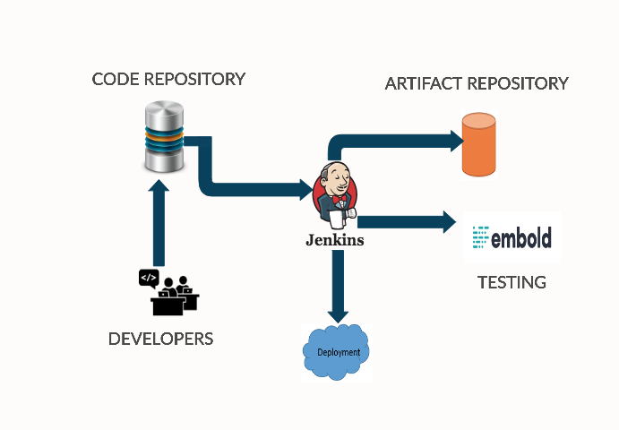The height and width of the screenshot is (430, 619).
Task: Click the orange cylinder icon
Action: click(477, 144)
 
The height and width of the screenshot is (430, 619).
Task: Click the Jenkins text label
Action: click(335, 241)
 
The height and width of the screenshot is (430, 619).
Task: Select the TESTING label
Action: click(512, 282)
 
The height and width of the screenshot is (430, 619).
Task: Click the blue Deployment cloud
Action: click(337, 351)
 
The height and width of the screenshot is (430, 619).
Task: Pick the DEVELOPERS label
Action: click(160, 339)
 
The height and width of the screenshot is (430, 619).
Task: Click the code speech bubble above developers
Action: click(149, 278)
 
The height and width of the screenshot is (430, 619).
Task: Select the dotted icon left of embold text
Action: click(479, 238)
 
